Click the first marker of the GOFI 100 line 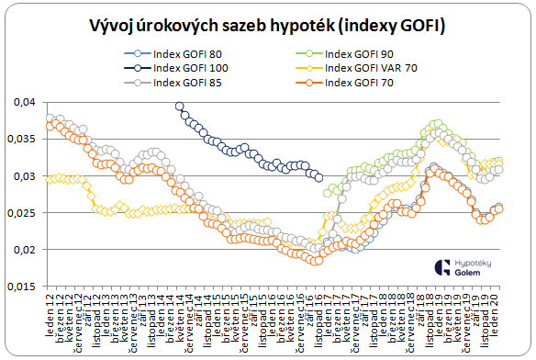tap(180, 107)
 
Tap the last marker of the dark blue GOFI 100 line tap(318, 178)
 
